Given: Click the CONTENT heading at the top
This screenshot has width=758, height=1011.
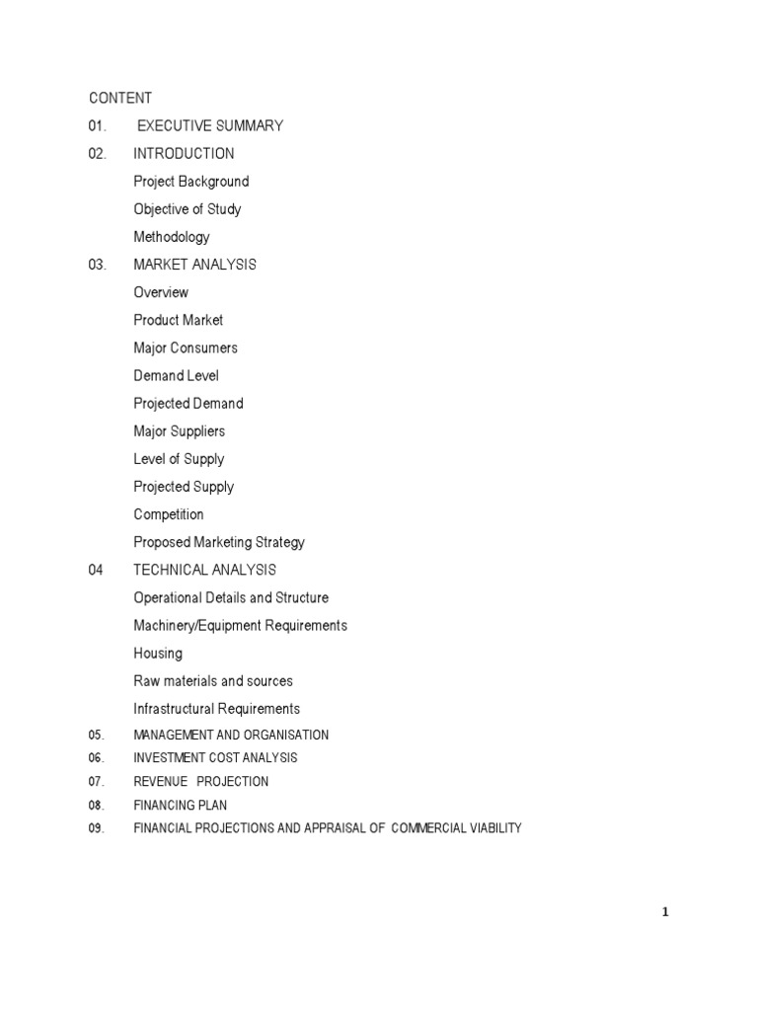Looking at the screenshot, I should [x=120, y=98].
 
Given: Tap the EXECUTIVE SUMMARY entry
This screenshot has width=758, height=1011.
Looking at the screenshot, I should [x=210, y=125].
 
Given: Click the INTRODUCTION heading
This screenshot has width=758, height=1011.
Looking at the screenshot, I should [x=184, y=153].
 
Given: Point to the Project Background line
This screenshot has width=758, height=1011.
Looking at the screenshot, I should [x=191, y=181].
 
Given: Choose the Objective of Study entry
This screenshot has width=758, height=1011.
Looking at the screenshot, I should [x=188, y=208].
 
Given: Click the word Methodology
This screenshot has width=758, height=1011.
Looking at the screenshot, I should [x=172, y=237].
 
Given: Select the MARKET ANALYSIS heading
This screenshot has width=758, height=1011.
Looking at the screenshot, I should [x=194, y=265].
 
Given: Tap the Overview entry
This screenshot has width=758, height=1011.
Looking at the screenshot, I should [x=161, y=292].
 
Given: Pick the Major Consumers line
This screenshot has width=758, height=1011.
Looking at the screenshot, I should [x=186, y=348].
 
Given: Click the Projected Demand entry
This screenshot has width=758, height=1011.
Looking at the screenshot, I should [x=188, y=403].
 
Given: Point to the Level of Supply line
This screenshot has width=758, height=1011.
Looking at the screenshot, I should [x=179, y=459].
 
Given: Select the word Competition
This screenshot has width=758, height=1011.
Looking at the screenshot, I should [x=169, y=514].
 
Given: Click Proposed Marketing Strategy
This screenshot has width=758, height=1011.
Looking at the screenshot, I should [x=219, y=542].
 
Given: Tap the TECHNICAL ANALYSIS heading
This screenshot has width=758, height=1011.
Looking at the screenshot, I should [x=204, y=570].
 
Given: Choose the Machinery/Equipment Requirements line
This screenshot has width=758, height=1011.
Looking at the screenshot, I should [x=240, y=625].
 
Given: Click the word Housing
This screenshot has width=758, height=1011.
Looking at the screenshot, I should [x=158, y=653].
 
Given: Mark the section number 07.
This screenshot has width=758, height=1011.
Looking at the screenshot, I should [x=96, y=782].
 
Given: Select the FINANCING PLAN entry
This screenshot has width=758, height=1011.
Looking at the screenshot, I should [x=180, y=806].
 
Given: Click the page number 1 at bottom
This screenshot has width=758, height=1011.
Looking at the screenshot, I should [x=665, y=912].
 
